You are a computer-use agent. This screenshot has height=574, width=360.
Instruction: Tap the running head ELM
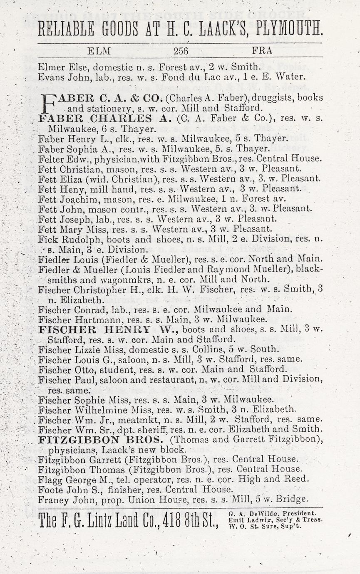click(99, 51)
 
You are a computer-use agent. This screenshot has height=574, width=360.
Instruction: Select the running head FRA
click(262, 51)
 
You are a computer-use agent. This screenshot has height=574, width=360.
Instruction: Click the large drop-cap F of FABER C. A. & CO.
click(44, 102)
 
